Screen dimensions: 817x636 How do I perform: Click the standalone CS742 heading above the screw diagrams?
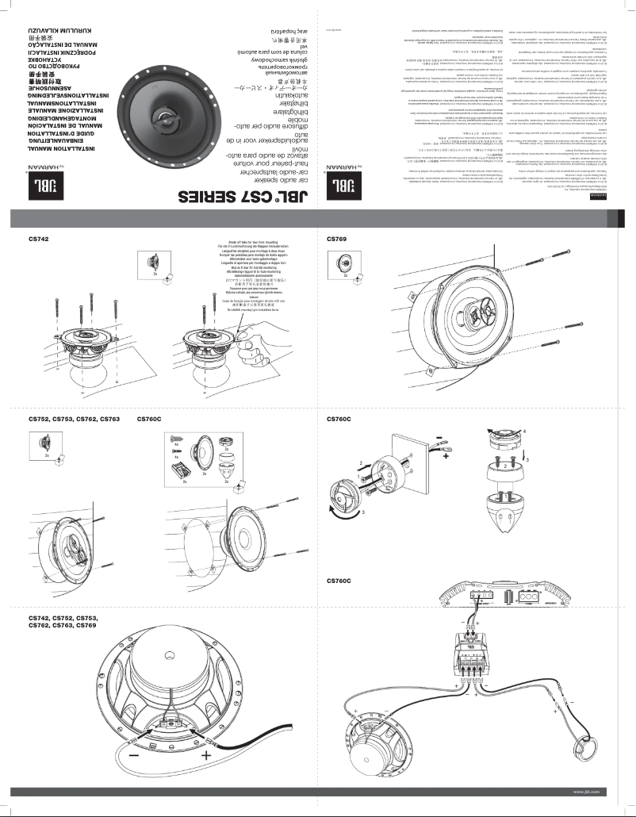click(39, 238)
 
